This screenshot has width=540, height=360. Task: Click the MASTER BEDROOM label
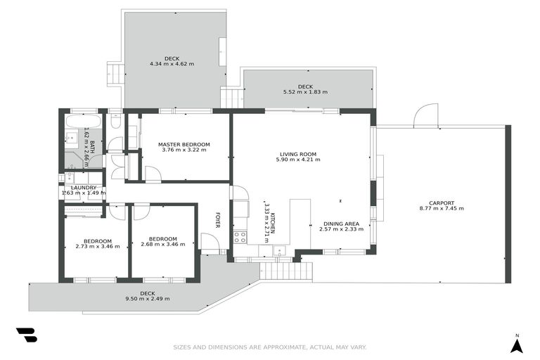[x=184, y=144]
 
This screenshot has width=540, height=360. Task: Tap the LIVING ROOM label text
[x=298, y=154]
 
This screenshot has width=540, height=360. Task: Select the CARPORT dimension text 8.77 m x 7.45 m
[x=442, y=208]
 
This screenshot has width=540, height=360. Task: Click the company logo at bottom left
[x=27, y=335]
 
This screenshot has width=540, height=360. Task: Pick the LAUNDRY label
[x=83, y=188]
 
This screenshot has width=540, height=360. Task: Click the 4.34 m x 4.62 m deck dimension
[x=172, y=64]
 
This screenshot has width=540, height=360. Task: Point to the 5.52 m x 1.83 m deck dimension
[x=305, y=92]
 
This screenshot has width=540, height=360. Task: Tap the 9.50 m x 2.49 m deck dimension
[x=147, y=299]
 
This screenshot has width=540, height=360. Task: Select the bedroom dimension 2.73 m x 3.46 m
[x=97, y=246]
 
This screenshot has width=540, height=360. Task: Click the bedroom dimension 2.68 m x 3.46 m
[x=162, y=245]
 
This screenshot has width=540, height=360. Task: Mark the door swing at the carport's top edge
[x=425, y=117]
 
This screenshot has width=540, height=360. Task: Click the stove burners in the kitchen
[x=240, y=236]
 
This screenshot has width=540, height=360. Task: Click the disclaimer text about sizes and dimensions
[x=270, y=347]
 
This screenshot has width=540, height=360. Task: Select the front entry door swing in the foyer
[x=210, y=243]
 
